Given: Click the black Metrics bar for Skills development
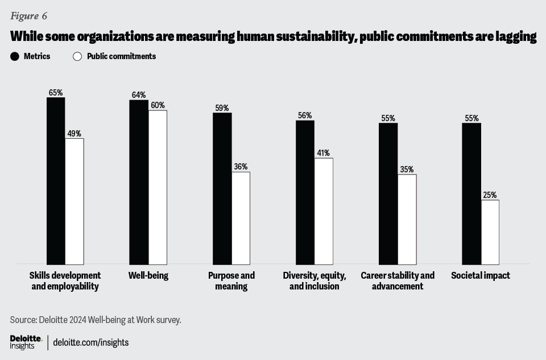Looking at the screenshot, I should pyautogui.click(x=56, y=181).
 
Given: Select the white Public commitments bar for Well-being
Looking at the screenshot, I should pyautogui.click(x=158, y=187).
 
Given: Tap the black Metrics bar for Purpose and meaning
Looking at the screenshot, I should pyautogui.click(x=222, y=188).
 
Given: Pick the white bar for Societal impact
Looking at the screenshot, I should pyautogui.click(x=490, y=232).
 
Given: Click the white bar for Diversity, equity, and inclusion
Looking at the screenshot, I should pyautogui.click(x=324, y=211).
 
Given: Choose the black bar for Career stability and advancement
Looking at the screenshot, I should pyautogui.click(x=388, y=193).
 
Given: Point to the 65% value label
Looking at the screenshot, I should pyautogui.click(x=56, y=92).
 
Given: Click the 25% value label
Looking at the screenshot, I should pyautogui.click(x=490, y=195).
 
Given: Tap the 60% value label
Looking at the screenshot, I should pyautogui.click(x=158, y=105).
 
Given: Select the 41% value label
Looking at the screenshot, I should pyautogui.click(x=324, y=153).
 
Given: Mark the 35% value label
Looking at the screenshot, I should pyautogui.click(x=407, y=169).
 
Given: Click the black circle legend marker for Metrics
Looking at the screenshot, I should pyautogui.click(x=15, y=56).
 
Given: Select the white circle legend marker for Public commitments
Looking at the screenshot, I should pyautogui.click(x=77, y=56).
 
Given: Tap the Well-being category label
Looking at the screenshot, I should pyautogui.click(x=148, y=276).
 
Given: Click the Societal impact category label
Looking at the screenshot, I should pyautogui.click(x=481, y=276).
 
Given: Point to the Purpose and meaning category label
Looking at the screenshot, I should pyautogui.click(x=231, y=281).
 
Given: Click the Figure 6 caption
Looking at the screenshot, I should pyautogui.click(x=28, y=15).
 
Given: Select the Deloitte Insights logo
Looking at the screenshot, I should pyautogui.click(x=26, y=342).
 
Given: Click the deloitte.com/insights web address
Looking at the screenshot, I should pyautogui.click(x=91, y=342).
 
